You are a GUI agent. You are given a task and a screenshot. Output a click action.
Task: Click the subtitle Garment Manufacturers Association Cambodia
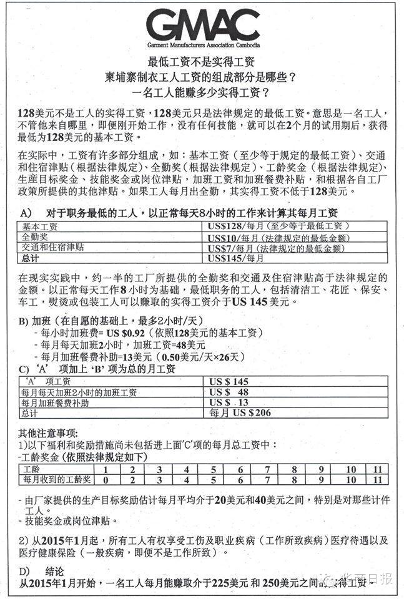tap(203, 46)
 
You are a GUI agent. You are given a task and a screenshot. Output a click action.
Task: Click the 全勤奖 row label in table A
tap(36, 238)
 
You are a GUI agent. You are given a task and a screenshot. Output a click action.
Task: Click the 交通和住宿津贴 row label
tap(53, 248)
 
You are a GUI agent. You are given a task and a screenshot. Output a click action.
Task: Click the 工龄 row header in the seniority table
tap(31, 469)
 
